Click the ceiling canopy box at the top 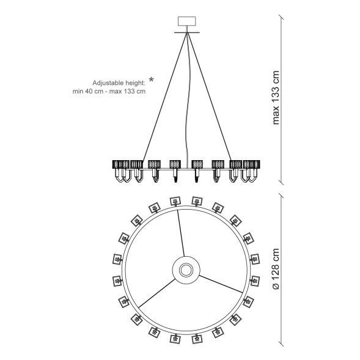click(187, 21)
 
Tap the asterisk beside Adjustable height click(151, 79)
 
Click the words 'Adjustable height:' click(119, 83)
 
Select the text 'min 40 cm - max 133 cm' click(109, 92)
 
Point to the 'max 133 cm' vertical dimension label click(275, 98)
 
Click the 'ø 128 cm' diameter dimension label click(275, 269)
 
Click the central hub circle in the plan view click(186, 270)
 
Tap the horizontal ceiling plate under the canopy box click(187, 32)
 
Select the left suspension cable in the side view click(164, 97)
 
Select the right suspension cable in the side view click(210, 97)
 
